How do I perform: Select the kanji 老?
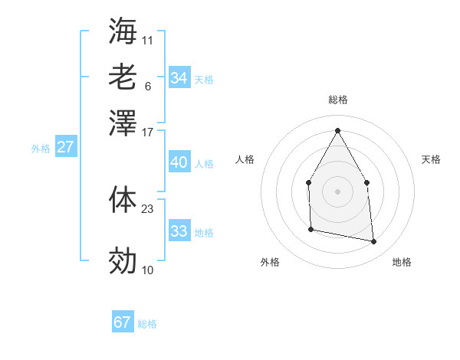click(123, 77)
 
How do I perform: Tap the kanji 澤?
click(123, 123)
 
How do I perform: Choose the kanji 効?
click(123, 261)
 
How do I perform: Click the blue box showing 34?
click(179, 78)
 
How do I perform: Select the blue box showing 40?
click(179, 162)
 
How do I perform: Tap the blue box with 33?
click(179, 231)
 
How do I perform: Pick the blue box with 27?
click(65, 147)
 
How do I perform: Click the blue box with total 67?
click(123, 322)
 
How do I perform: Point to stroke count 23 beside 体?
click(148, 208)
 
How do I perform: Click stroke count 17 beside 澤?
click(148, 132)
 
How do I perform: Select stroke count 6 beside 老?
click(147, 86)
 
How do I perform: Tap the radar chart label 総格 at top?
click(337, 100)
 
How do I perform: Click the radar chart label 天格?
click(431, 159)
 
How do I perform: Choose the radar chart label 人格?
click(245, 159)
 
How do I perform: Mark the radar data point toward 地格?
click(373, 242)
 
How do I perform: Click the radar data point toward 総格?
click(337, 129)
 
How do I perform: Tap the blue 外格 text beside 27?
click(41, 149)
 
